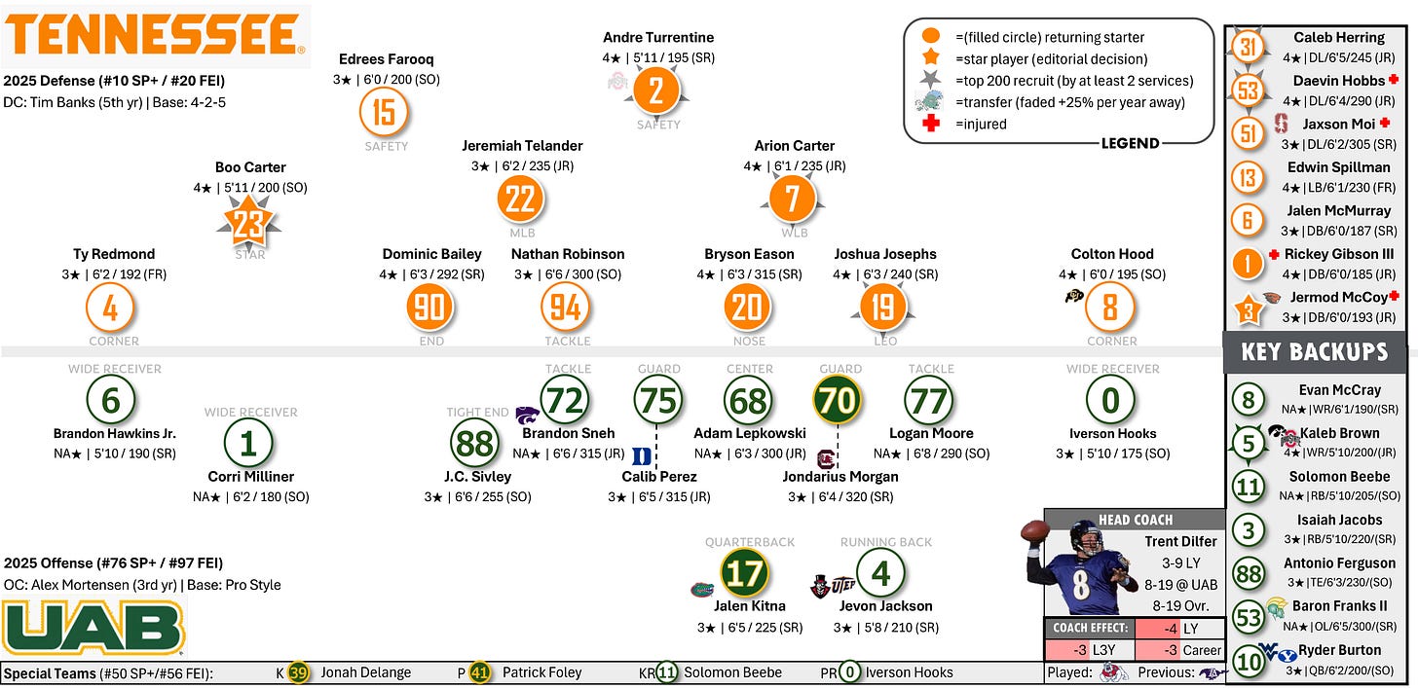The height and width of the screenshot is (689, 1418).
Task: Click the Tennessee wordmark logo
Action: (156, 35)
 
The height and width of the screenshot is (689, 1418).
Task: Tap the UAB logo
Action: (93, 627)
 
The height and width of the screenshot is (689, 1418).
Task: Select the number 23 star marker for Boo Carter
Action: (249, 224)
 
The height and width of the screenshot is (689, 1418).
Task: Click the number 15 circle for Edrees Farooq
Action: (384, 112)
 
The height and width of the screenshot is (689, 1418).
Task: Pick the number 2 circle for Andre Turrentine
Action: (656, 91)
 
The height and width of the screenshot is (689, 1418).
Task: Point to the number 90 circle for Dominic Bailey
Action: (430, 308)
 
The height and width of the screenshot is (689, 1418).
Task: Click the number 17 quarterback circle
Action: (744, 573)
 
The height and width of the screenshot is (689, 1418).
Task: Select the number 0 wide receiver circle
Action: (1110, 400)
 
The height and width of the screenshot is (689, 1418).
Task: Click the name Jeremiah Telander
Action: (522, 146)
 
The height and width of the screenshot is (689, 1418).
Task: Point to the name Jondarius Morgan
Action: (840, 477)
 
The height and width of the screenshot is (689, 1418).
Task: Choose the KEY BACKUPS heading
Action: (1314, 351)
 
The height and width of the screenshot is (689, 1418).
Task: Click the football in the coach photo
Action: (1034, 531)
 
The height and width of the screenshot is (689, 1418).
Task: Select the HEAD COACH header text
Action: (1135, 520)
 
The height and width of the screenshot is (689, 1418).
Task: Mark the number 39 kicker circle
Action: (299, 672)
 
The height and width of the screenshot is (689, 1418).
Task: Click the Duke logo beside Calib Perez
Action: (642, 454)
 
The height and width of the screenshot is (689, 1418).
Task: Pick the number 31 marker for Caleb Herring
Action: (1248, 48)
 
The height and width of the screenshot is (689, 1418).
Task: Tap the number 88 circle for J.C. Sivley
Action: (475, 444)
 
